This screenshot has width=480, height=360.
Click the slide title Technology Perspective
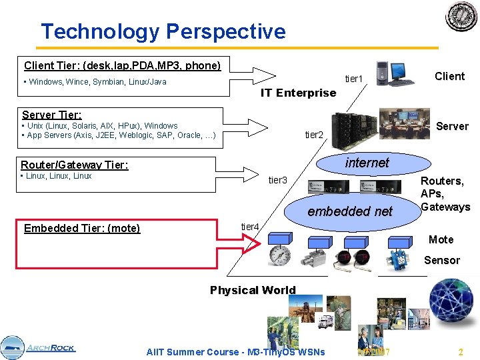coord(163,31)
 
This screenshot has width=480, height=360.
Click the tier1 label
coord(354,79)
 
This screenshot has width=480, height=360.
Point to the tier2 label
coord(314,135)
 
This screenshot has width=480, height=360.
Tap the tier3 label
coord(277,180)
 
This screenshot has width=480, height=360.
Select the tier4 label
coord(249,227)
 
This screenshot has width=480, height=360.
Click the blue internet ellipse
coord(367,163)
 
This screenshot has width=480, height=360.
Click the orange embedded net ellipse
coord(350,211)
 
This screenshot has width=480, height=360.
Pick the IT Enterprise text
coord(298,93)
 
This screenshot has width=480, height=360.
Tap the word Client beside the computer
coord(449,76)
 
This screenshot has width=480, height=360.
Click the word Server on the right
coord(452,126)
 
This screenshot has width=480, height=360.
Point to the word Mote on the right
coord(441,239)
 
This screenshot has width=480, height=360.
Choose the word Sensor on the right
coord(442,260)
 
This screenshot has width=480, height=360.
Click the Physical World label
coord(253,290)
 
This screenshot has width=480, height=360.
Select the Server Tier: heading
coord(52,115)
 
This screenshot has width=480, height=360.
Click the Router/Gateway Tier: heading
coord(75,165)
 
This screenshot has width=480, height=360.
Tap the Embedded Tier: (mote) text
coord(82,229)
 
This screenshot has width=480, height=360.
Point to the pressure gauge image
coord(280,256)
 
